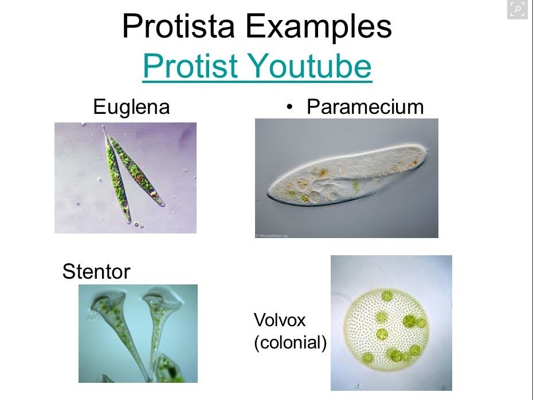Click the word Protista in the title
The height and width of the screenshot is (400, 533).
click(x=178, y=26)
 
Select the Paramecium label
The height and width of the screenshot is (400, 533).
click(x=365, y=107)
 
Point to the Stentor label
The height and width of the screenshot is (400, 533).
click(x=96, y=272)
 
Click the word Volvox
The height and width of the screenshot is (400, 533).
click(x=280, y=320)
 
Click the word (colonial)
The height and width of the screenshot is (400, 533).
click(x=290, y=343)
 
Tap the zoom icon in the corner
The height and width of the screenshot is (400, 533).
click(x=518, y=9)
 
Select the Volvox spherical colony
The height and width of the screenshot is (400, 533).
click(x=386, y=330)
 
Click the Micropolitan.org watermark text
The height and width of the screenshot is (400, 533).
click(x=272, y=235)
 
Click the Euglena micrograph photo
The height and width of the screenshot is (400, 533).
click(x=126, y=178)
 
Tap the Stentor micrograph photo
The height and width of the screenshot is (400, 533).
click(x=138, y=334)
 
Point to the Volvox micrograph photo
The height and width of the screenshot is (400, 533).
click(x=391, y=323)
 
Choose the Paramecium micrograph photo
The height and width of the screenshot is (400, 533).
click(x=347, y=178)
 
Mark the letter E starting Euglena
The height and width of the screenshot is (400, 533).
click(x=99, y=106)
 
